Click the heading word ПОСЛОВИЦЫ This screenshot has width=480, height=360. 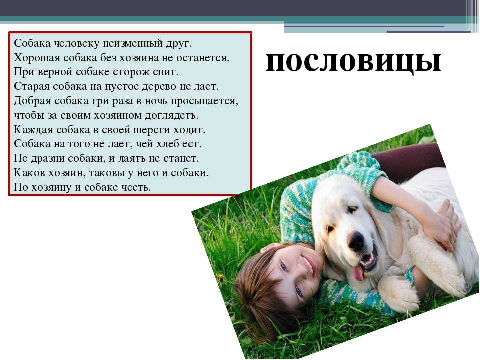pyautogui.click(x=353, y=63)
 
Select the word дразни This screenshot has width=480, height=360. pyautogui.click(x=47, y=159)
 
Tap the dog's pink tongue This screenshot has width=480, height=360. pyautogui.click(x=358, y=273)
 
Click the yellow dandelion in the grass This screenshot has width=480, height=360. pyautogui.click(x=220, y=277)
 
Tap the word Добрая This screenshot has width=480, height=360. pyautogui.click(x=32, y=101)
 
